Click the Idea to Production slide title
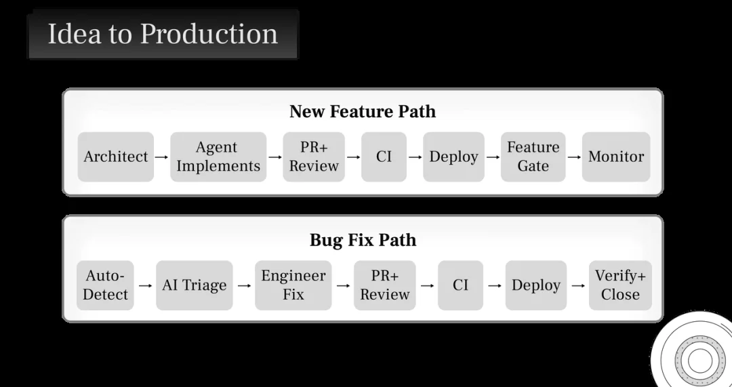pyautogui.click(x=163, y=34)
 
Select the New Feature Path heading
pyautogui.click(x=363, y=111)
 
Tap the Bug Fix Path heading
pyautogui.click(x=363, y=240)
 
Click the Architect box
pyautogui.click(x=115, y=157)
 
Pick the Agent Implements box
pyautogui.click(x=218, y=157)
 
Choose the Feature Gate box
pyautogui.click(x=533, y=157)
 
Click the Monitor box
pyautogui.click(x=616, y=157)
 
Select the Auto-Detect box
pyautogui.click(x=106, y=285)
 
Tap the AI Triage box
pyautogui.click(x=195, y=285)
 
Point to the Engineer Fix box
pyautogui.click(x=293, y=285)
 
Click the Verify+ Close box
pyautogui.click(x=620, y=285)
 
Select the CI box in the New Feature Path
pyautogui.click(x=384, y=157)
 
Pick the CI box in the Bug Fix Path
pyautogui.click(x=460, y=285)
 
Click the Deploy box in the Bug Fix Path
pyautogui.click(x=536, y=285)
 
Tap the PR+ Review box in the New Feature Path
pyautogui.click(x=314, y=157)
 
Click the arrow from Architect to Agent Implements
pyautogui.click(x=161, y=157)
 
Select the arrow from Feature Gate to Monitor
pyautogui.click(x=574, y=157)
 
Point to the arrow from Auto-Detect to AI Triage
pyautogui.click(x=145, y=285)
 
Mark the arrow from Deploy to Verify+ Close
pyautogui.click(x=578, y=285)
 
